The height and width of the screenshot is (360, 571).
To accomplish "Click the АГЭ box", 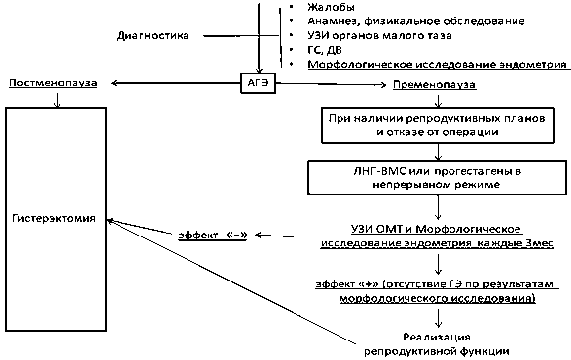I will pos(258,84).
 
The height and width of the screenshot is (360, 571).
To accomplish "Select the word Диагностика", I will pos(153,35).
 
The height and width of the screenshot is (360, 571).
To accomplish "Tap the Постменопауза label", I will pos(53,83).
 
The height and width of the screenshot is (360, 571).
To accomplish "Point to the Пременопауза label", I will pos(434,85).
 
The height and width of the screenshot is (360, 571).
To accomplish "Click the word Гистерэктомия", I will pos(54,218).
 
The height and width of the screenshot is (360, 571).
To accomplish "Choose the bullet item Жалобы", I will pos(331,7).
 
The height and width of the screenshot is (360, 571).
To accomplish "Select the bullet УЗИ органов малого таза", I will pos(380,35).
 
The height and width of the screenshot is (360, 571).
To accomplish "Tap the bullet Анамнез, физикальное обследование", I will pos(416,21).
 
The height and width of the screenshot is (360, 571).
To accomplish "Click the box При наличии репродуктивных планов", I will pos(437,125).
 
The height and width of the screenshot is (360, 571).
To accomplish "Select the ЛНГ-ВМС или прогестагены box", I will pos(437,178).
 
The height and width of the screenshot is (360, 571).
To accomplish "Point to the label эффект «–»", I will pos(212,235).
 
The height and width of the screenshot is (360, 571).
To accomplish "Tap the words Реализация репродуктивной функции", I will pos(437,344).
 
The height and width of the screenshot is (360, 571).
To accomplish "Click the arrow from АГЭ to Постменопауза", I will pos(176,84).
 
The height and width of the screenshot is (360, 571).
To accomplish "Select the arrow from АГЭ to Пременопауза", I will pos(330,85).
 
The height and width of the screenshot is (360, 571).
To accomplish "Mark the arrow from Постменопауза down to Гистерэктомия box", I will pos(57,100).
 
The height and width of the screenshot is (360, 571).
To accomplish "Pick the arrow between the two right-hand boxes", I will pos(438,152).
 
